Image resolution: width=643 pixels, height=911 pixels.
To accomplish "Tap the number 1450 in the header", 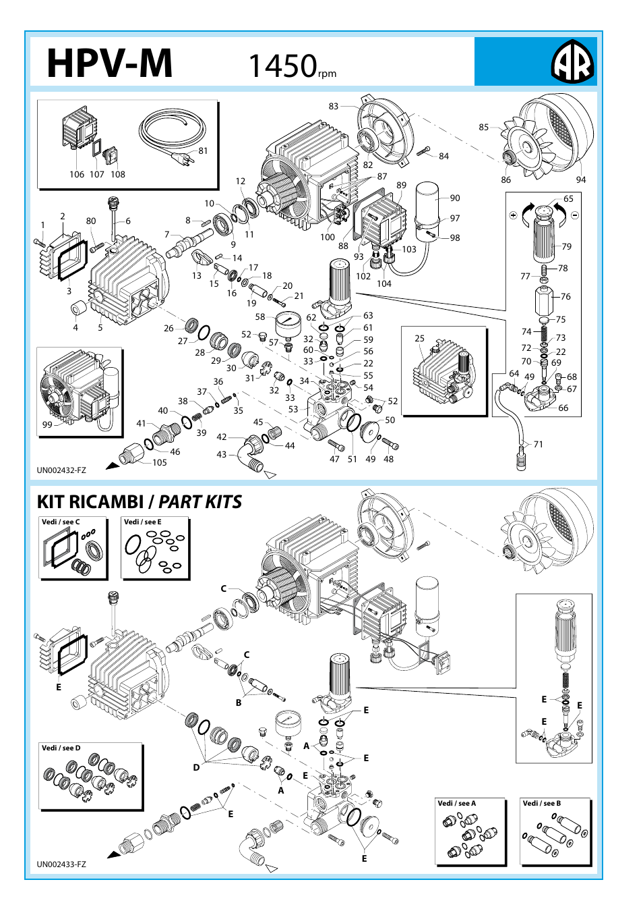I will tap(282, 66).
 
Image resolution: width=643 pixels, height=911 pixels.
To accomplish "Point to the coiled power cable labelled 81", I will tap(172, 134).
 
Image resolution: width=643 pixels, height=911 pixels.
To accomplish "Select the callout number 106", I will tap(77, 174).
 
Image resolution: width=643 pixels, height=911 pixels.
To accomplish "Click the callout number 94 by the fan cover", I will tap(580, 180).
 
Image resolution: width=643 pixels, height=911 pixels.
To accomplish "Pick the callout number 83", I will tap(334, 106).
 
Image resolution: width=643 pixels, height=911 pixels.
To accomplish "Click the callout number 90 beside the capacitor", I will tap(455, 198).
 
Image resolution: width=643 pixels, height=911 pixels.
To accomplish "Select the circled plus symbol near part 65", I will tap(514, 215).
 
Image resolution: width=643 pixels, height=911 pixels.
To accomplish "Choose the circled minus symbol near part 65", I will tap(574, 215).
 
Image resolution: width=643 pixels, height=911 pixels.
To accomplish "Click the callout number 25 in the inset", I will tap(419, 338).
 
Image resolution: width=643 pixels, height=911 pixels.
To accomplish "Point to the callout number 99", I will tap(47, 424).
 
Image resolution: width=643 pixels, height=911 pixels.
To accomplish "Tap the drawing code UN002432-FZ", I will tap(61, 470).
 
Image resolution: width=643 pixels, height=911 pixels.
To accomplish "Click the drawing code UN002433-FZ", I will tap(61, 864).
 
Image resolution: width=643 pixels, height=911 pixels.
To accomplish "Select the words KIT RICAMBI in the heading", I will tap(90, 502).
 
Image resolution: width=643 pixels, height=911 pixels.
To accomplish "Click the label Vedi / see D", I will tap(61, 748).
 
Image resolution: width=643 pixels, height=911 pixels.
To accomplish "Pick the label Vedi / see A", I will tap(456, 803).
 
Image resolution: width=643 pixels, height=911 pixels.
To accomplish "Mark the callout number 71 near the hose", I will tap(538, 444).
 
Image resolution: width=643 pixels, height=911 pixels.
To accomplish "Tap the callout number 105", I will tap(160, 462).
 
